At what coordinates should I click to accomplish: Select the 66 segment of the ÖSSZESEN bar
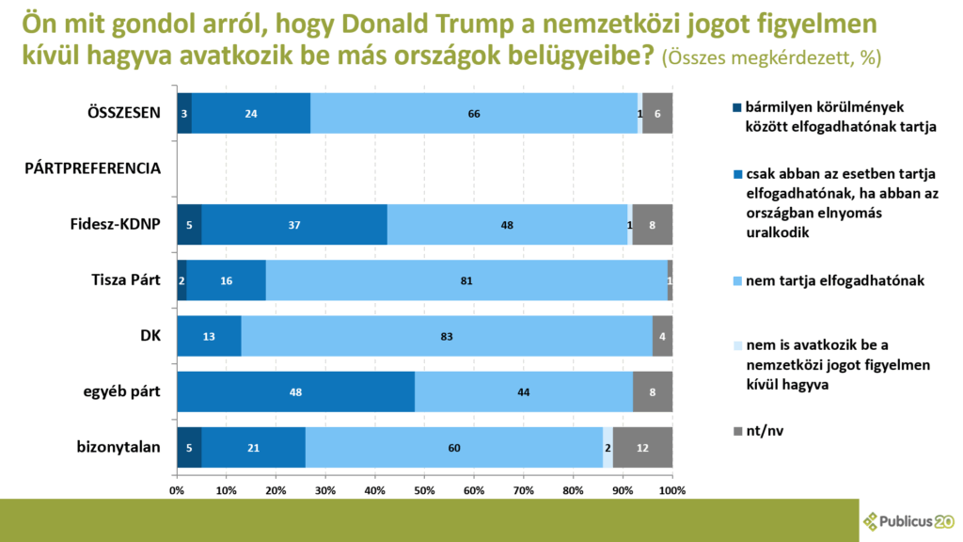pos(474,113)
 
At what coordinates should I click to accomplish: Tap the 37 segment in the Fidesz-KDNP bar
pos(294,224)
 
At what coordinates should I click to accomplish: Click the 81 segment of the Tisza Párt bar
pos(466,279)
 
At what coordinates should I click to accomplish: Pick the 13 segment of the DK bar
pos(209,336)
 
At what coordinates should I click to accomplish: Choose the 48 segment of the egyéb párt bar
pos(295,391)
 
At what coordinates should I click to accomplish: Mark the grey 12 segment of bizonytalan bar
pos(642,447)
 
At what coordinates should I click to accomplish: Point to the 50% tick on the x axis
pos(424,490)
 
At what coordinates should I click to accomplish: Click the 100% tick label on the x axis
pos(671,490)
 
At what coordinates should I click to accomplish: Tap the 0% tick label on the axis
pos(177,490)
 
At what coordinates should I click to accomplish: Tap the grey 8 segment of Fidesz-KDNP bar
pos(652,224)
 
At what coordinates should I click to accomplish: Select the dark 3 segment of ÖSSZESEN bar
pos(184,113)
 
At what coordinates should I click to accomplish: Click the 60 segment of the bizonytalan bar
pos(454,447)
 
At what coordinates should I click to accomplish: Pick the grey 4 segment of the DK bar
pos(662,336)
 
